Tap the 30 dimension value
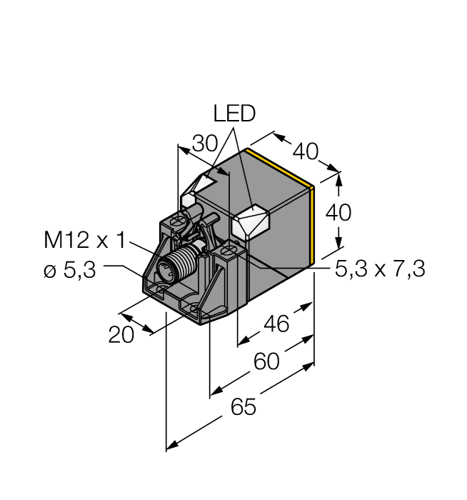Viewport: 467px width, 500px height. click(205, 144)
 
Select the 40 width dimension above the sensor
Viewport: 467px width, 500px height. click(306, 151)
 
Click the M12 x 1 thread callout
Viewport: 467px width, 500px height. click(84, 241)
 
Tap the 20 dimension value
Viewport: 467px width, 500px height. click(122, 335)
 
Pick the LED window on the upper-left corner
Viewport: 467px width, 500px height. click(199, 184)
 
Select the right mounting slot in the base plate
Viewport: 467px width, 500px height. click(198, 307)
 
